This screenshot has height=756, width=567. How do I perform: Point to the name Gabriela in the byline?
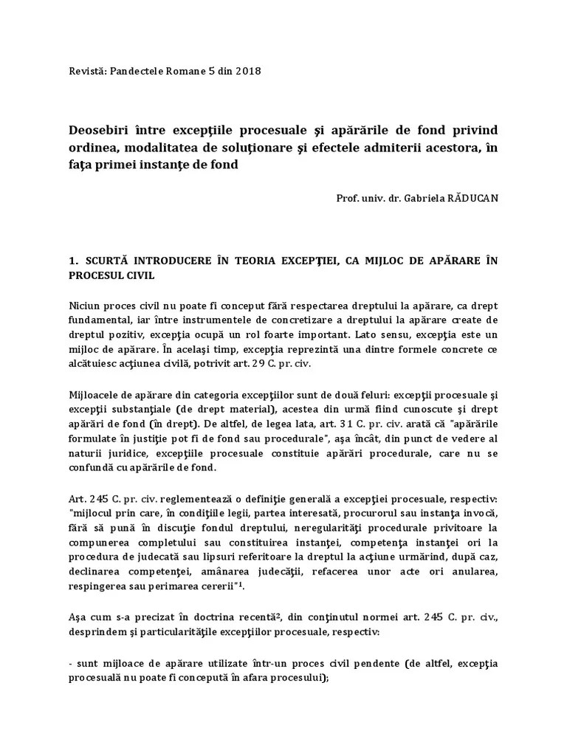(417, 199)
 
